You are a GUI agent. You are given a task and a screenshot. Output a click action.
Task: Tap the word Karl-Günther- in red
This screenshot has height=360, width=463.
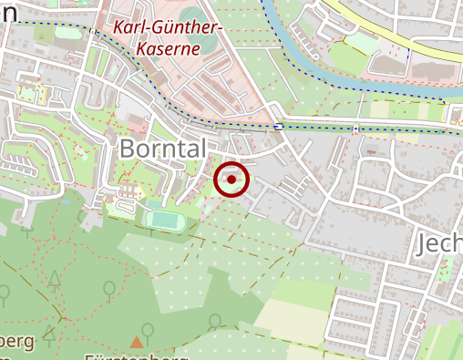click(x=169, y=27)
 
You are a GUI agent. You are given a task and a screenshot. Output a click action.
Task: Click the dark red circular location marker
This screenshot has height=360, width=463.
click(x=231, y=180)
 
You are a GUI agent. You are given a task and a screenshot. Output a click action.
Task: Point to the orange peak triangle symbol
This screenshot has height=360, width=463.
click(x=137, y=342)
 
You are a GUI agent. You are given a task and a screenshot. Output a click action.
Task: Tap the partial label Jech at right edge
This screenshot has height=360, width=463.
click(x=440, y=243)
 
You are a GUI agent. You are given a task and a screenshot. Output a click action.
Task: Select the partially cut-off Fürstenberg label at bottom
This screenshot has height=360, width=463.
click(x=137, y=355)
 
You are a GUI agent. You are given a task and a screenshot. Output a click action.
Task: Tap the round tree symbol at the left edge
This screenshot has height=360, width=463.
click(x=4, y=294)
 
